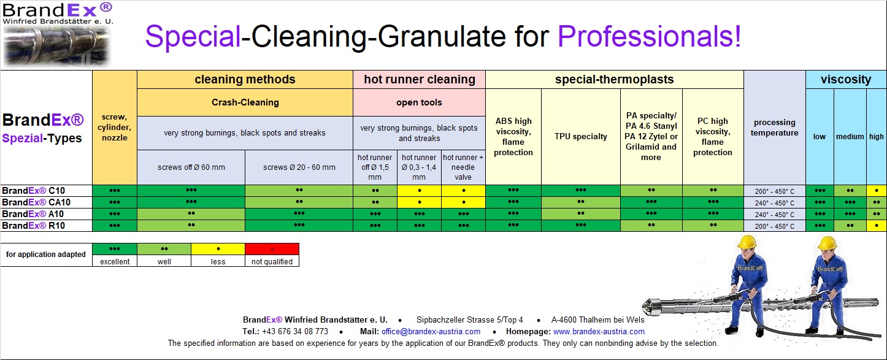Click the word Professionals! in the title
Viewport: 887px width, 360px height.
tap(649, 36)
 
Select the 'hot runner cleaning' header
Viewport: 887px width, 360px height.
tap(420, 79)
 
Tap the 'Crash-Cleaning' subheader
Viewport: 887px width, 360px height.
tap(245, 102)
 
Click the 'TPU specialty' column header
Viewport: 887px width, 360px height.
tap(580, 136)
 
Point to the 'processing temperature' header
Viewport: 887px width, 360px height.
tap(774, 128)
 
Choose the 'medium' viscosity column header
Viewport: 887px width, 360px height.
tap(850, 136)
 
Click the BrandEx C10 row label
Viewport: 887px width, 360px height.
tap(33, 191)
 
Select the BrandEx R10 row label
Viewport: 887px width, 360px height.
tap(33, 225)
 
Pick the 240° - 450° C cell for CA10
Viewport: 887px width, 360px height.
tap(774, 203)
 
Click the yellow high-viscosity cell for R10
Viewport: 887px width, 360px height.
tap(877, 226)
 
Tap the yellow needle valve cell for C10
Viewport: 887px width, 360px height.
tap(463, 191)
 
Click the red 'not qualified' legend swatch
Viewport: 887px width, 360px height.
tap(272, 249)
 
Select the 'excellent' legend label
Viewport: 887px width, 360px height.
tap(115, 262)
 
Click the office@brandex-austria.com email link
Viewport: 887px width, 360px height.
tap(431, 332)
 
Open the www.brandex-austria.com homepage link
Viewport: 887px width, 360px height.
tap(599, 332)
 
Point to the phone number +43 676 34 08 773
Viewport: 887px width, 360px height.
tap(295, 332)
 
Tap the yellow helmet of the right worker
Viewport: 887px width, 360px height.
tap(827, 243)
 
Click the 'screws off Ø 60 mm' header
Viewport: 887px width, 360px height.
tap(191, 167)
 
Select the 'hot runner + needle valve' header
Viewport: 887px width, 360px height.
tap(463, 167)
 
